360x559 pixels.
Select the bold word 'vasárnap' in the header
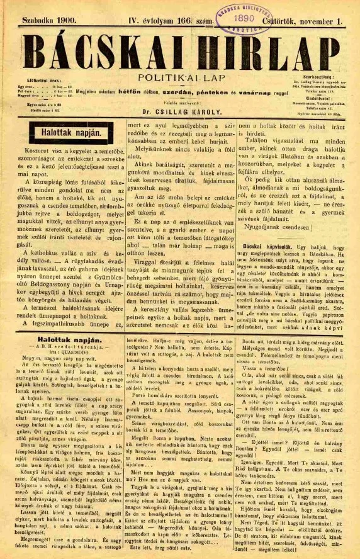(x=251, y=92)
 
